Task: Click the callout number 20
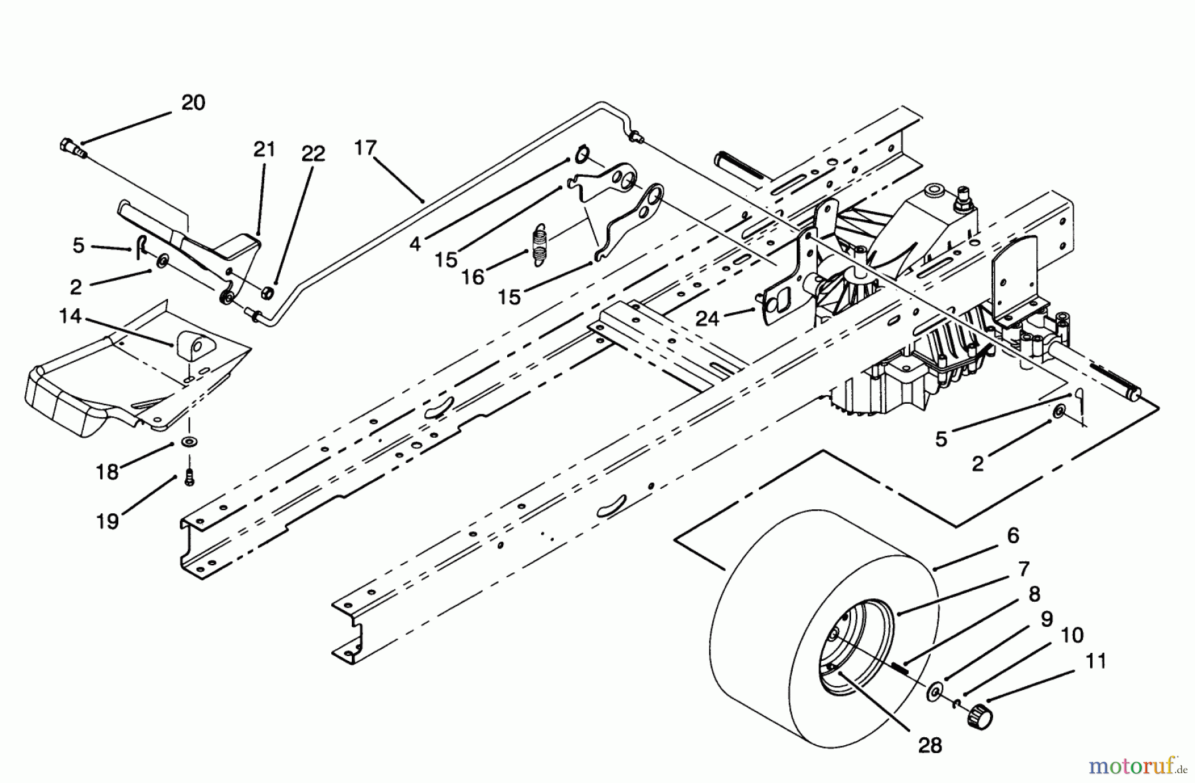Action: (x=193, y=103)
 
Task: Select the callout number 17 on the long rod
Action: (x=365, y=147)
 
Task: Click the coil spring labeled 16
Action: (x=540, y=246)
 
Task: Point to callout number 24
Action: (x=708, y=319)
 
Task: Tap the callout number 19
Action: (x=108, y=521)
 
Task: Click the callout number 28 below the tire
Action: (x=930, y=745)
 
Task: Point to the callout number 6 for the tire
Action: (x=1012, y=535)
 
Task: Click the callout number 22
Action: (x=313, y=154)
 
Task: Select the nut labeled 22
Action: (x=268, y=292)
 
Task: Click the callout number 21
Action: (x=264, y=149)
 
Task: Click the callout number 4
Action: (x=416, y=244)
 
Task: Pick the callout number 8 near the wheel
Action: (x=1034, y=594)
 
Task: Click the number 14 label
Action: (x=70, y=317)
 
